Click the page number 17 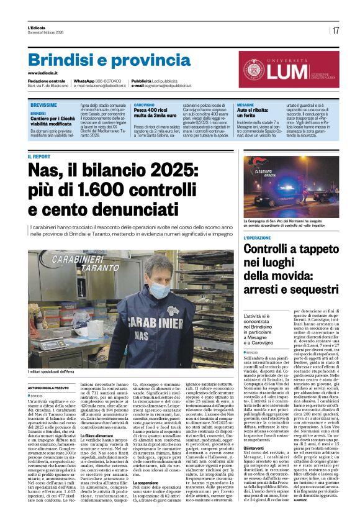[335, 30]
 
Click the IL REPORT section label [39, 157]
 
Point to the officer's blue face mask [143, 289]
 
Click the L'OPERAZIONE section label [258, 238]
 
